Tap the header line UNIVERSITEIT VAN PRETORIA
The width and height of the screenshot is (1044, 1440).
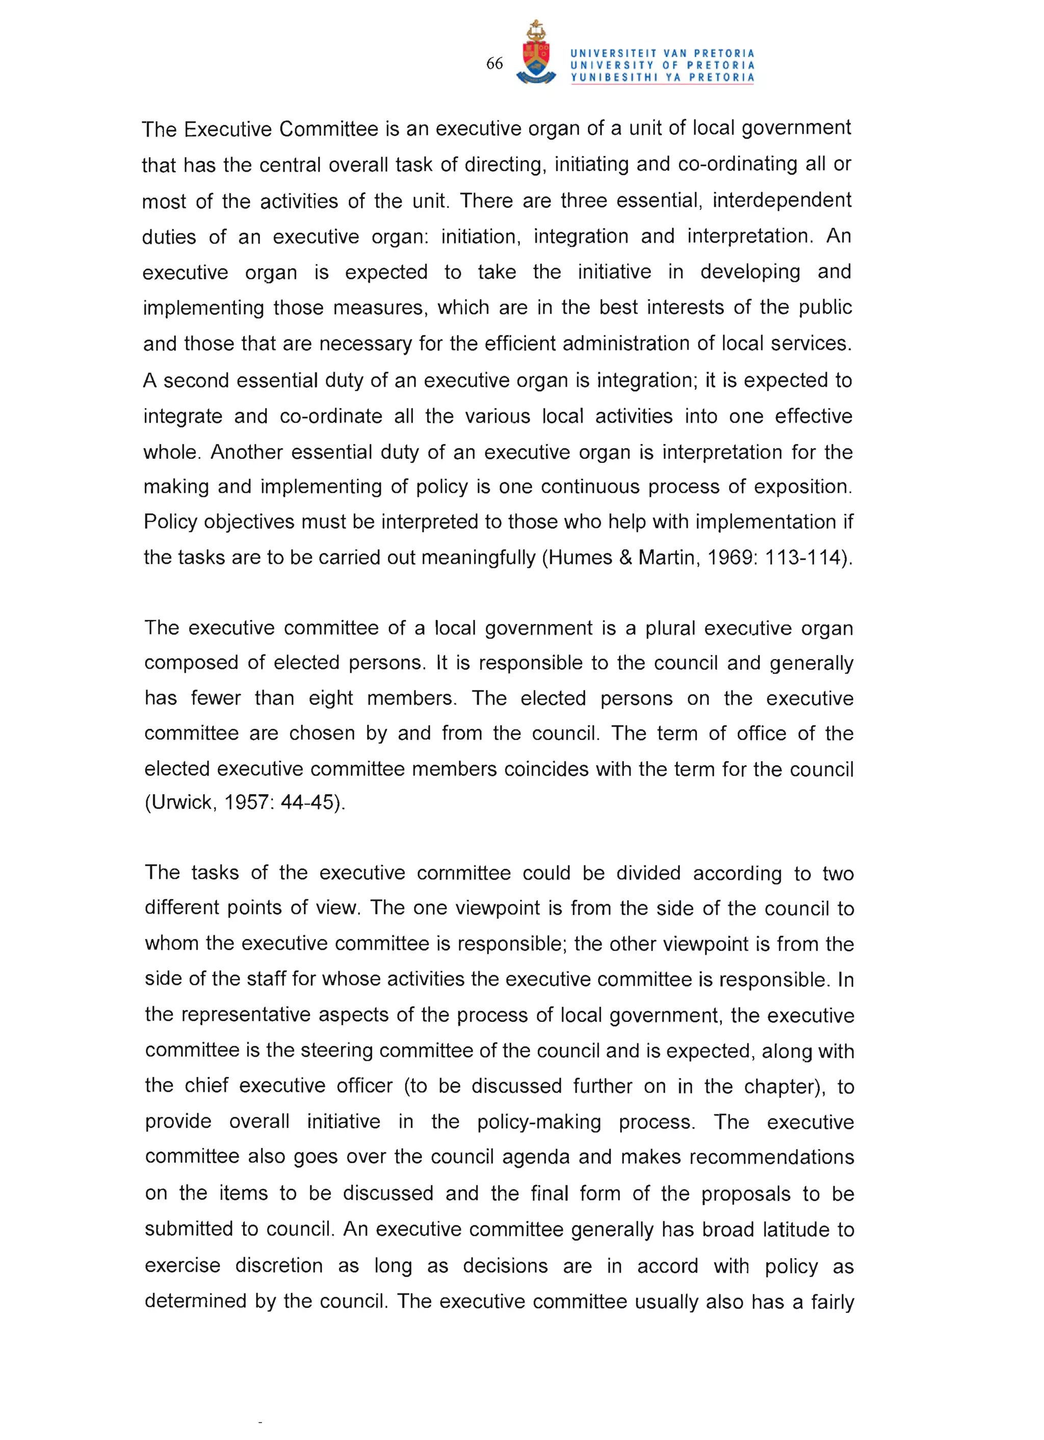coord(662,54)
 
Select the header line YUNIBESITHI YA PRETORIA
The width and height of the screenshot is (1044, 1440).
coord(662,77)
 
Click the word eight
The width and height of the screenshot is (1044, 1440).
coord(330,698)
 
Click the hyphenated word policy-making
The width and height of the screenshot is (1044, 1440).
coord(538,1122)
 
